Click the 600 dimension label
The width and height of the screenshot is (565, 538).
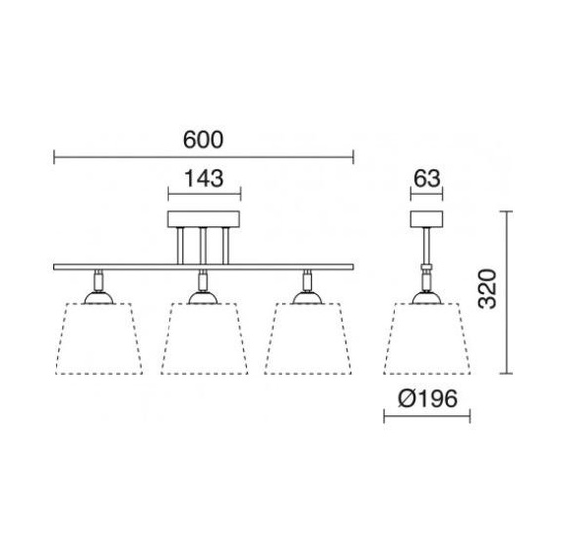pos(203,140)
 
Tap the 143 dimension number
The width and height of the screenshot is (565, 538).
pos(204,178)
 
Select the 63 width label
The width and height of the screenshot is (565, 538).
pos(427,178)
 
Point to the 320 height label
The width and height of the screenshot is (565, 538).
pos(487,288)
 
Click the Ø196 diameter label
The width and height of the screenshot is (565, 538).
pos(428,399)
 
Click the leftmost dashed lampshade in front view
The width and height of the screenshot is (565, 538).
pos(99,338)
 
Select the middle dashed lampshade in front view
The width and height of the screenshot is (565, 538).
pos(204,338)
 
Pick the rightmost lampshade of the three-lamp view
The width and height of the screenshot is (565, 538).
pos(307,338)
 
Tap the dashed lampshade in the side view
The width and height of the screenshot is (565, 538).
pos(427,338)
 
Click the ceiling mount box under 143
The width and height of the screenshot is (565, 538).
pos(203,219)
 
